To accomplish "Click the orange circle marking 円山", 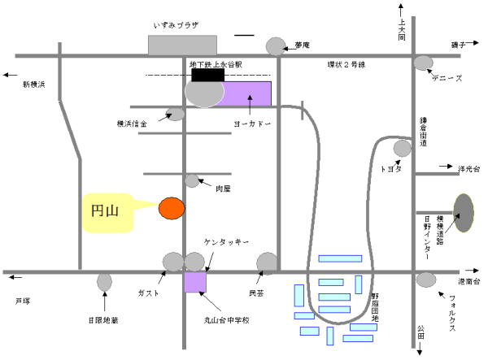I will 171,208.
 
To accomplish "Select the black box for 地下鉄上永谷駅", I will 207,75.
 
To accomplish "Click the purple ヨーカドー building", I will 247,93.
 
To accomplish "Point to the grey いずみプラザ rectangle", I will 182,45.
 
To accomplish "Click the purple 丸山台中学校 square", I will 195,282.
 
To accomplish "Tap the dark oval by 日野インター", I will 463,214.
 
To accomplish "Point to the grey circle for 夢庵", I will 277,46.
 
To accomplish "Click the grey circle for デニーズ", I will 423,63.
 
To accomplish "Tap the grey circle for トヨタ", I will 402,148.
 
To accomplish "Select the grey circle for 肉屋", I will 193,180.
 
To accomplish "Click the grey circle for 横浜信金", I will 175,115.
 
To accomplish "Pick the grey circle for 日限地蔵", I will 104,282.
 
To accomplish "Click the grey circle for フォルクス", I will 425,280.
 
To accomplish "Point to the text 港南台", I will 469,281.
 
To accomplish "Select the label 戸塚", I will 23,301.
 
